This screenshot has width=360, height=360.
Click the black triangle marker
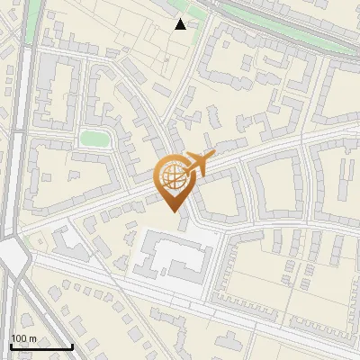pos(181,24)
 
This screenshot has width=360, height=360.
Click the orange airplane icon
pos(199,164)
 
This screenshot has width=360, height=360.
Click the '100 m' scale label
pos(24,338)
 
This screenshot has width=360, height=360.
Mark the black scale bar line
pos(41,346)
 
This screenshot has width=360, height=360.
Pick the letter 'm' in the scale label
pos(33,338)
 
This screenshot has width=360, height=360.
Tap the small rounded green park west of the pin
pos(94,139)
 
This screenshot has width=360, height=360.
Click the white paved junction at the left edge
pos(13,257)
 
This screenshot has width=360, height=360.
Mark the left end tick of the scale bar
pos(11,346)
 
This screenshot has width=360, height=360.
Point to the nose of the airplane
pos(213,157)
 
